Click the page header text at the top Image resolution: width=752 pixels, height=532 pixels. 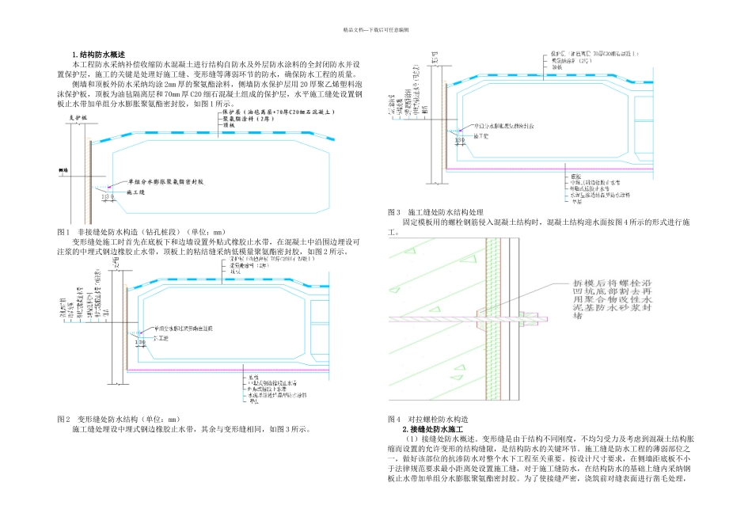pos(375,29)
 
